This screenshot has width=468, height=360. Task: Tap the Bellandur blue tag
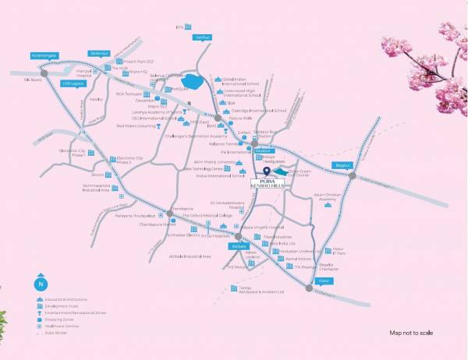pos(99,53)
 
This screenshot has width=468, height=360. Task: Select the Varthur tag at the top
pos(203,37)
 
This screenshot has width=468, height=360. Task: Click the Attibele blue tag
pos(239,246)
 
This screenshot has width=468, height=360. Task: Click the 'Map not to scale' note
pos(411,333)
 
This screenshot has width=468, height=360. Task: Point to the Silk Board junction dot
pos(44,73)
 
